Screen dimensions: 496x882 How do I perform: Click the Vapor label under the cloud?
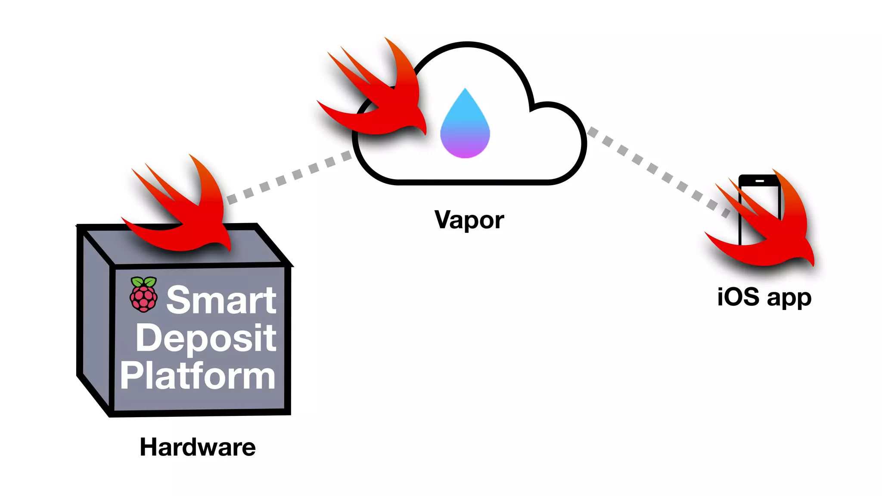point(469,220)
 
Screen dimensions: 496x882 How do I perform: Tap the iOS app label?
point(764,297)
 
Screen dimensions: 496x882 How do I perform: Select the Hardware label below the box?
point(198,447)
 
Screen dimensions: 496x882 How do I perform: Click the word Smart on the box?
point(221,300)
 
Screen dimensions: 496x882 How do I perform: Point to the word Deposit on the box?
point(206,338)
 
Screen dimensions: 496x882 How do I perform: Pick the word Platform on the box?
point(198,376)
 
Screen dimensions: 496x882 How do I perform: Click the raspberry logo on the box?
point(143,295)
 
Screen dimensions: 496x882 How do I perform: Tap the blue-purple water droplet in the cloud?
point(465,127)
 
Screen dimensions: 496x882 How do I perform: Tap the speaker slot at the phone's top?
point(759,181)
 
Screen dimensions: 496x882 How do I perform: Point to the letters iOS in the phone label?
point(738,297)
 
